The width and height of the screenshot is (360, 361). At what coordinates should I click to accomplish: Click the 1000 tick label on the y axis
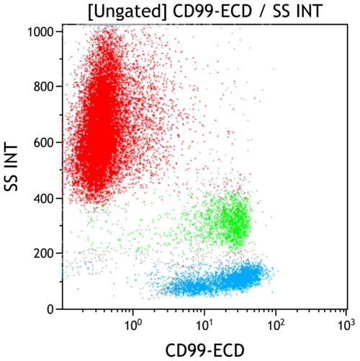coord(42,32)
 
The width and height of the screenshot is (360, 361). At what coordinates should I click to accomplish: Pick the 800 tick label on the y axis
coord(45,87)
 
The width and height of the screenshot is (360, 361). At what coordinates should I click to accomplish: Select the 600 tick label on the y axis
coord(45,142)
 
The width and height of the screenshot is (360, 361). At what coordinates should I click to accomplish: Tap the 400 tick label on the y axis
coord(45,198)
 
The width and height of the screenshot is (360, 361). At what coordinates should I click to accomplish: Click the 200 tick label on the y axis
coord(45,253)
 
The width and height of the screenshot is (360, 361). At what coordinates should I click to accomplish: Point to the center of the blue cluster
coord(216,280)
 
